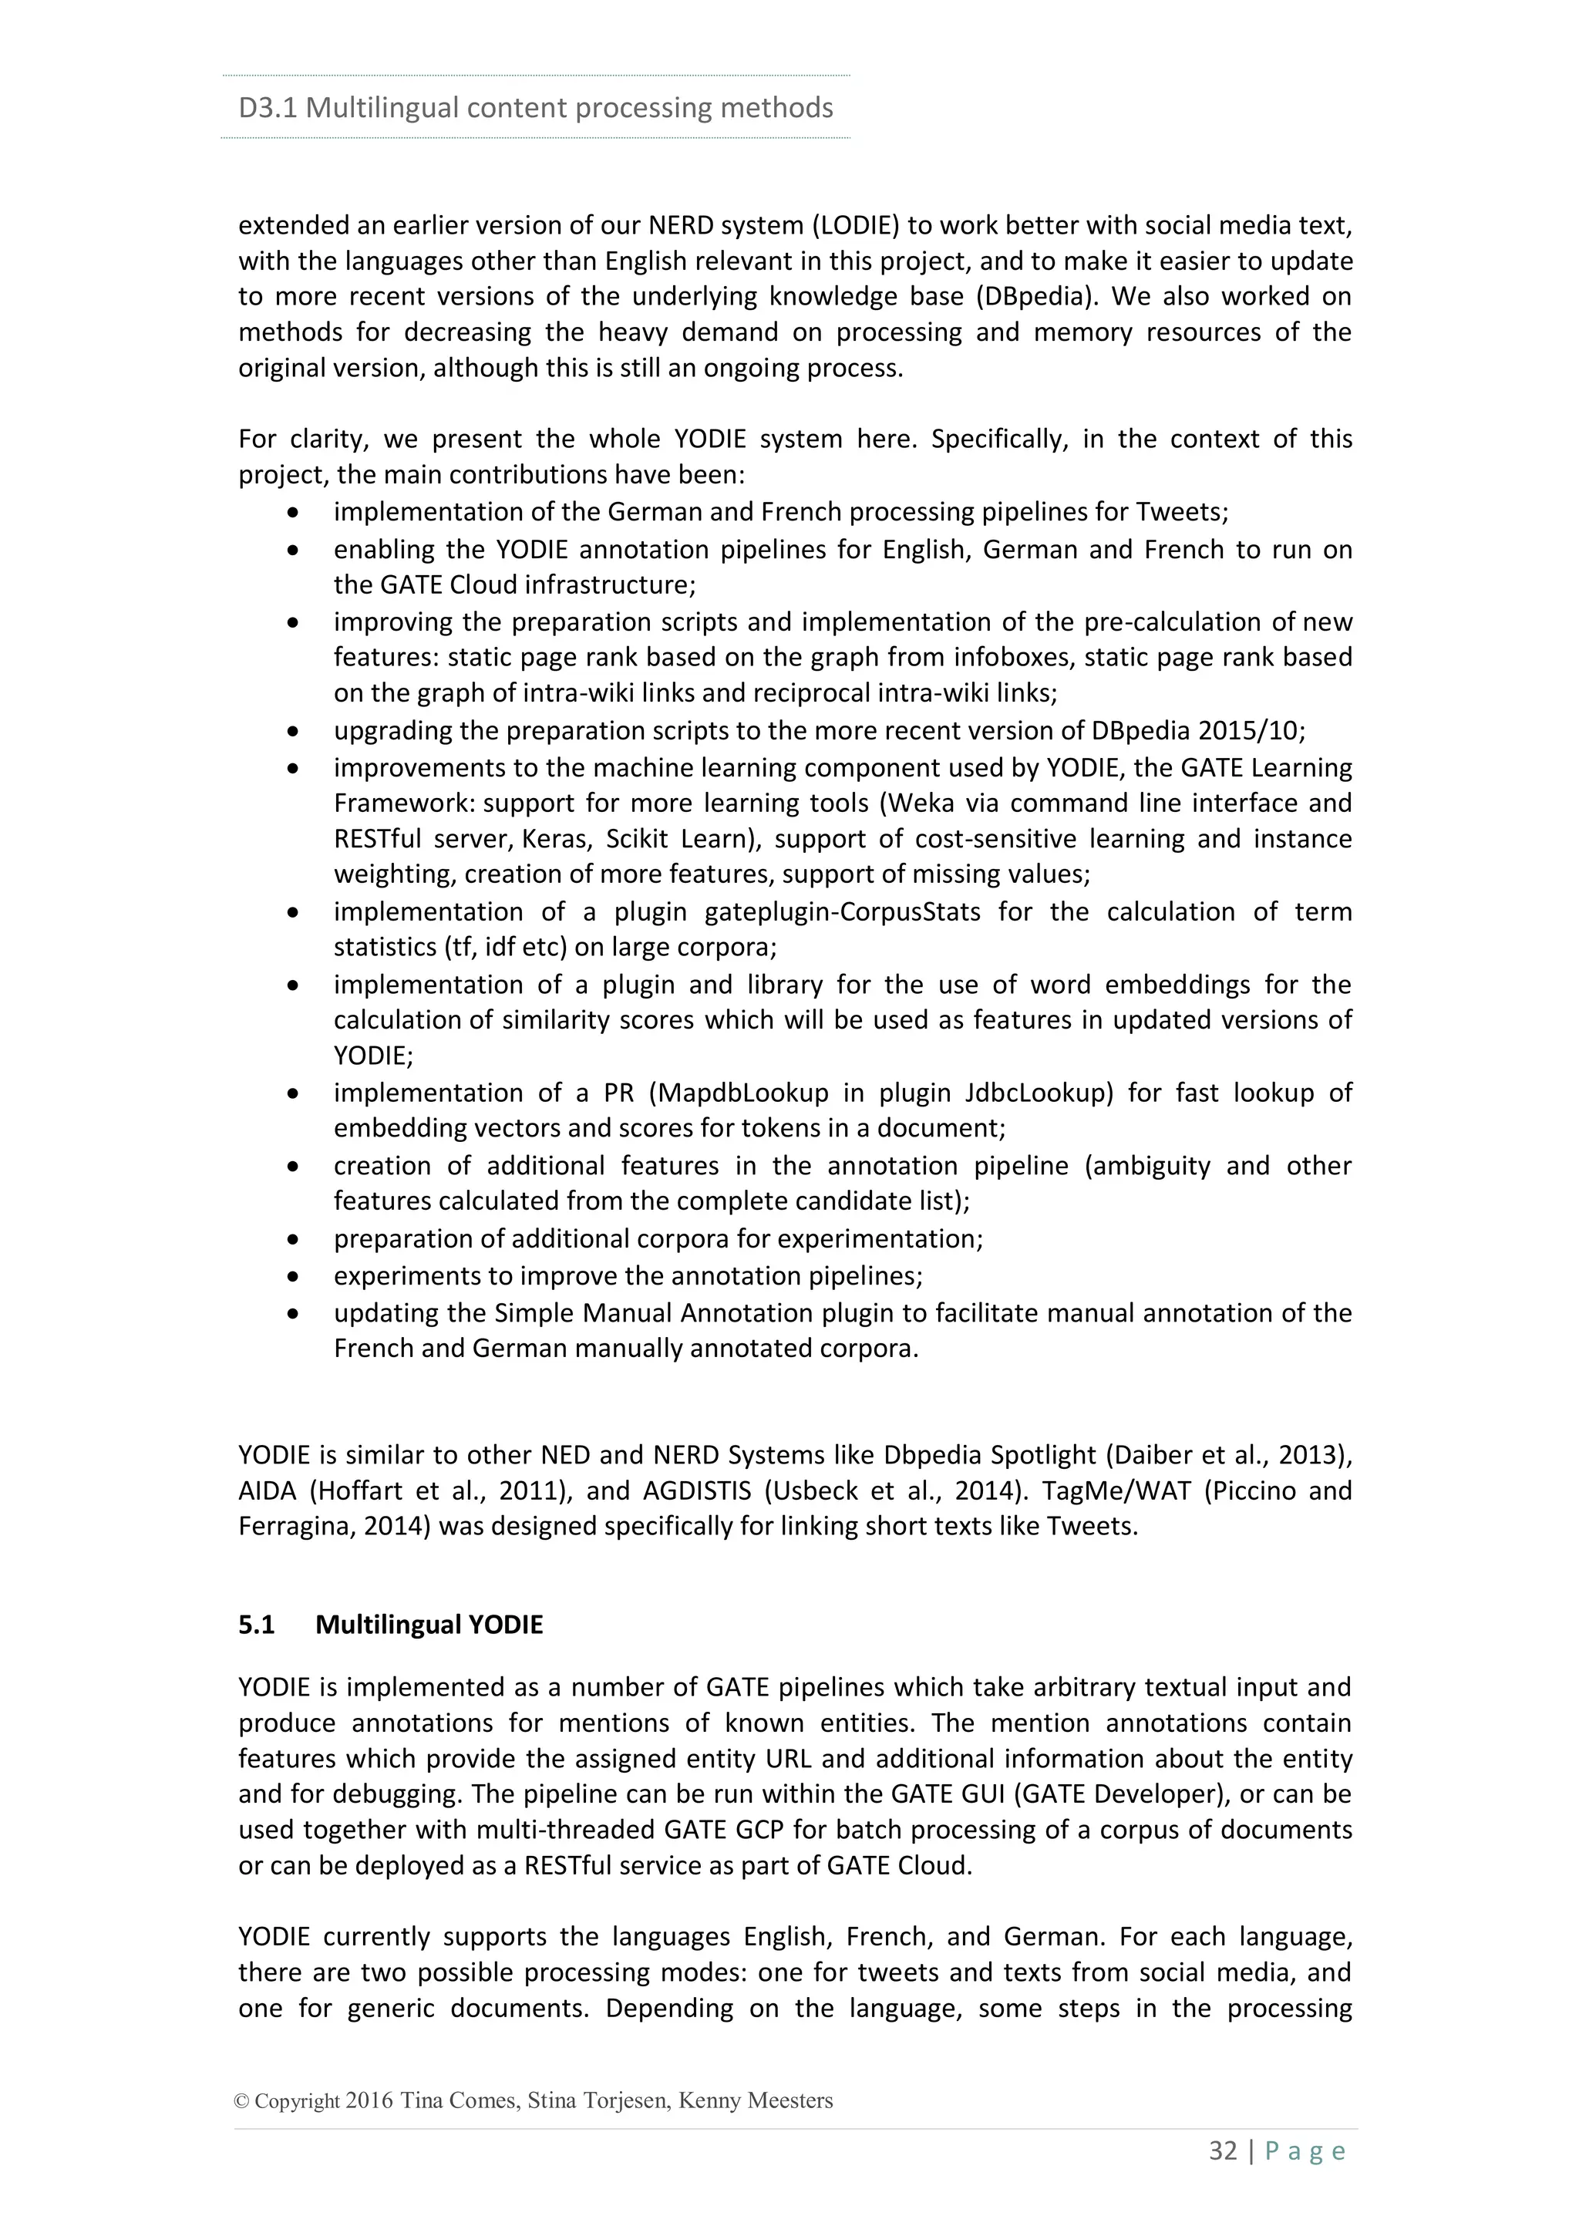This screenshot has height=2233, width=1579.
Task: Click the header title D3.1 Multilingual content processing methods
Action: click(x=535, y=107)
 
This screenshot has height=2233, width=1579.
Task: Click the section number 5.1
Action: click(x=257, y=1625)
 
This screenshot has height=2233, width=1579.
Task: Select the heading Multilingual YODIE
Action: click(x=429, y=1625)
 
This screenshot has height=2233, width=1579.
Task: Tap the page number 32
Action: click(x=1223, y=2150)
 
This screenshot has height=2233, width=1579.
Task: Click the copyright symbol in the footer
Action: click(x=242, y=2100)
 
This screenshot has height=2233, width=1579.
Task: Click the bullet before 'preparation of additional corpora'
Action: click(x=294, y=1240)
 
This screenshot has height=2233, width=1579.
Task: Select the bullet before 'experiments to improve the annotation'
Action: click(x=294, y=1277)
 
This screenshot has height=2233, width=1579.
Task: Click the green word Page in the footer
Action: click(x=1305, y=2151)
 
